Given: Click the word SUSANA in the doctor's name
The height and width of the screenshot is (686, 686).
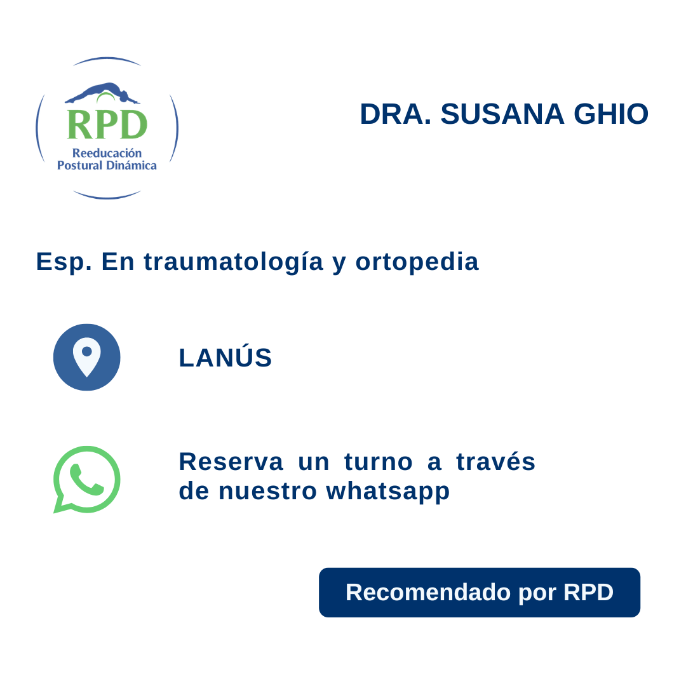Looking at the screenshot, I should click(x=502, y=114).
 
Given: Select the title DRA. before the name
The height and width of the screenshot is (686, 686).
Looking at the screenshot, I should click(x=395, y=114).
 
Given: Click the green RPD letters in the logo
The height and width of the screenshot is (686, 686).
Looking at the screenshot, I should click(x=107, y=124).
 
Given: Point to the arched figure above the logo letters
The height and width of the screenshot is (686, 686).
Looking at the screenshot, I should click(x=102, y=93).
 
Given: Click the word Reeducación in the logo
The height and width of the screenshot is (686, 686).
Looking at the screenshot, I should click(x=107, y=153).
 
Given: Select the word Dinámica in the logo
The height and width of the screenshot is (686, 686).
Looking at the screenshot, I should click(x=133, y=165).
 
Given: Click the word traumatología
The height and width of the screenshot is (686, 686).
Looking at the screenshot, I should click(x=234, y=262).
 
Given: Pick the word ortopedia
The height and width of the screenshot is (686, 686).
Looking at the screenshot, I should click(x=417, y=262).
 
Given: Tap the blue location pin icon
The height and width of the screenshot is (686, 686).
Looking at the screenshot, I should click(x=87, y=357).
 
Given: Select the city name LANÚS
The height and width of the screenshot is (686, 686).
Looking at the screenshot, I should click(x=225, y=358).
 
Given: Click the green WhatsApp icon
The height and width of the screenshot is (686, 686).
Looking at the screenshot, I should click(x=87, y=479).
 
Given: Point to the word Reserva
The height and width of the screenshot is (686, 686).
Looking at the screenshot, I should click(x=231, y=462).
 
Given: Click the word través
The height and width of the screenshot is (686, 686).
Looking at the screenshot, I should click(x=496, y=462).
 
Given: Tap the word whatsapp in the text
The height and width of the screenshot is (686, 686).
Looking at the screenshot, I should click(x=388, y=491).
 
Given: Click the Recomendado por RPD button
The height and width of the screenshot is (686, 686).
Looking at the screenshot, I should click(x=480, y=592).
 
